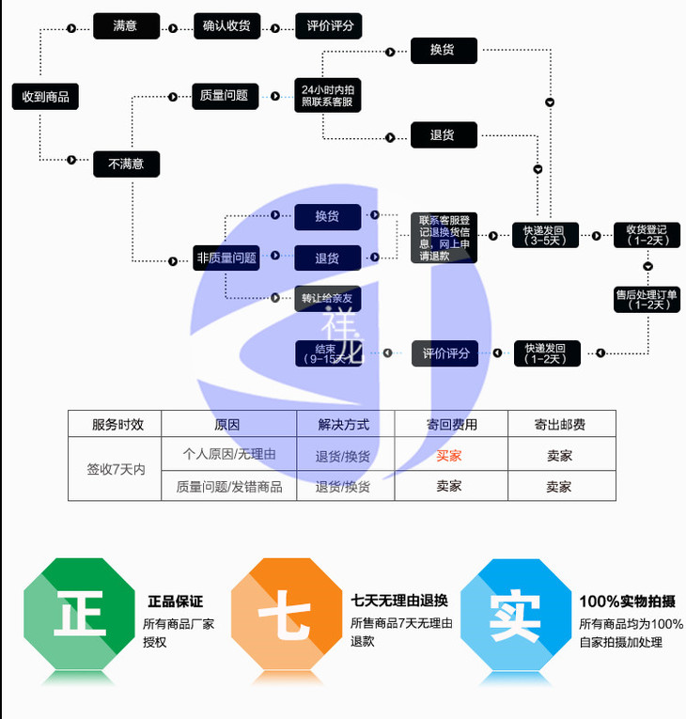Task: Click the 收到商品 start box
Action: pyautogui.click(x=45, y=96)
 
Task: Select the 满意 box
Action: pyautogui.click(x=126, y=26)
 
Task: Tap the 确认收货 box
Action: pyautogui.click(x=226, y=26)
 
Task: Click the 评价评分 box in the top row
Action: pyautogui.click(x=329, y=26)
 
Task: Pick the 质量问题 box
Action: pyautogui.click(x=225, y=96)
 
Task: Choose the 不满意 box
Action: pyautogui.click(x=126, y=164)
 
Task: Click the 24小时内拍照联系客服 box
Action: pyautogui.click(x=327, y=96)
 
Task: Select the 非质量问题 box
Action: pyautogui.click(x=226, y=258)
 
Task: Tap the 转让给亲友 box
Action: pyautogui.click(x=327, y=298)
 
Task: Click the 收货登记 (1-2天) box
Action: pyautogui.click(x=647, y=235)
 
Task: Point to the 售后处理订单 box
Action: pyautogui.click(x=647, y=299)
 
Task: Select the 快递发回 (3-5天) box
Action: pyautogui.click(x=545, y=235)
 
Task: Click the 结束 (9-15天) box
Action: pyautogui.click(x=327, y=353)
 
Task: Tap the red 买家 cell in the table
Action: pyautogui.click(x=449, y=456)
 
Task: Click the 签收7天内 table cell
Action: pyautogui.click(x=116, y=468)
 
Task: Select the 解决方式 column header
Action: pyautogui.click(x=343, y=425)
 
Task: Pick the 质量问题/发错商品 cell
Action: pyautogui.click(x=229, y=487)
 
